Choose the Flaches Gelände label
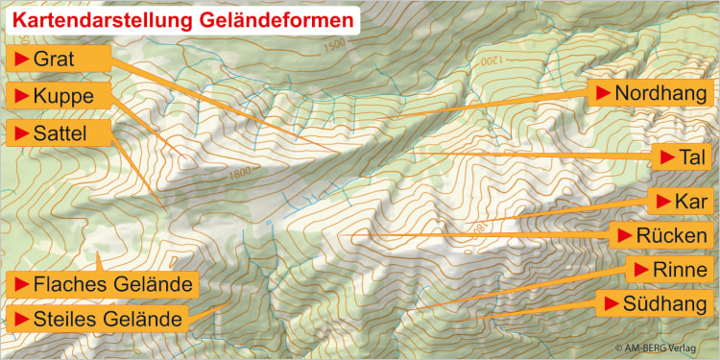pos(103,285)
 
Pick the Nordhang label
pos(651,93)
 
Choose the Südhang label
pos(656,304)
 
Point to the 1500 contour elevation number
pos(335,44)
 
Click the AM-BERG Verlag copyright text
pos(663,348)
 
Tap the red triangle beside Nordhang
pos(603,93)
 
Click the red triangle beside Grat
pos(19,60)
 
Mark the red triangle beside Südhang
pos(610,304)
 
